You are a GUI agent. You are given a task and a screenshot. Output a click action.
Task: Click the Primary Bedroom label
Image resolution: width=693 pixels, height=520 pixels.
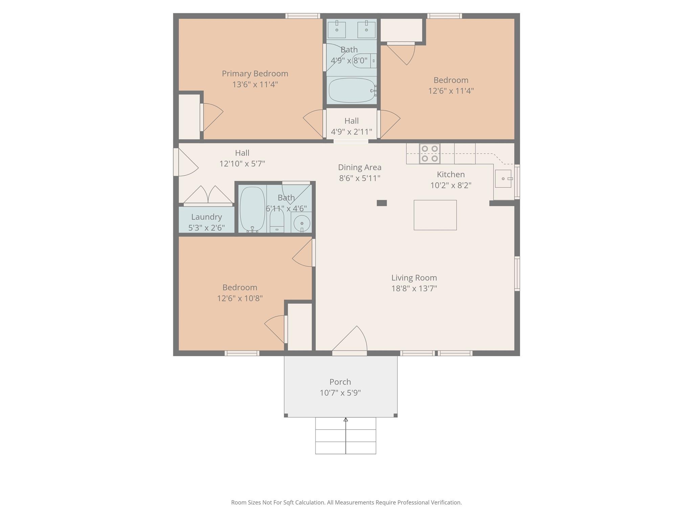pos(255,73)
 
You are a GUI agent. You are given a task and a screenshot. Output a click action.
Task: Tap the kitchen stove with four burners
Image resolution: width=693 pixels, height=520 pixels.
pos(429,153)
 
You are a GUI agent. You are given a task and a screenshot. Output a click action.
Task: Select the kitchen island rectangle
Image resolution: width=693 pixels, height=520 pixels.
pos(435,215)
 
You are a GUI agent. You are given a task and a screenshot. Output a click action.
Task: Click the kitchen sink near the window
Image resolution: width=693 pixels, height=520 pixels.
pos(503,178)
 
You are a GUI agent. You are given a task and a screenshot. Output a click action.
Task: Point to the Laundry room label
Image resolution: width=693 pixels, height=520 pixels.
pos(206,217)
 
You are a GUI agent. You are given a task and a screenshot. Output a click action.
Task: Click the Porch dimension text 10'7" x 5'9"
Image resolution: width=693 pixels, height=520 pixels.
pos(340,393)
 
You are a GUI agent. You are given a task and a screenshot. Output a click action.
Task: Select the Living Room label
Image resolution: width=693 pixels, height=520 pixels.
pos(414,278)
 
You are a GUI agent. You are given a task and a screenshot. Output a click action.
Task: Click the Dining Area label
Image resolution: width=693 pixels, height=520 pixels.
pos(360,167)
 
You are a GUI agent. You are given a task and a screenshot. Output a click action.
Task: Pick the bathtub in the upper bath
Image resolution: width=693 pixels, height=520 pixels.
pos(352,90)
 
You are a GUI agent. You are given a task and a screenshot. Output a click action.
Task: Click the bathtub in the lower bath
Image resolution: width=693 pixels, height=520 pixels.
pos(252,209)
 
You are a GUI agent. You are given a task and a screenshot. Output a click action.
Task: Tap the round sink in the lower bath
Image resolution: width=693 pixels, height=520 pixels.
pos(301,223)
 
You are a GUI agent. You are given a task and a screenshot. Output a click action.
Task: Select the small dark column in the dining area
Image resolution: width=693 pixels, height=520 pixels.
pos(382,203)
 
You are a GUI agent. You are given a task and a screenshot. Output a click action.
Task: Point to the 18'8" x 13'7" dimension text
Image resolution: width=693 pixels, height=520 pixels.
pos(414,288)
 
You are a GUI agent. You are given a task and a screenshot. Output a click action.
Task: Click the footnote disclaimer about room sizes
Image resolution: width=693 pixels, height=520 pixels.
pos(346,502)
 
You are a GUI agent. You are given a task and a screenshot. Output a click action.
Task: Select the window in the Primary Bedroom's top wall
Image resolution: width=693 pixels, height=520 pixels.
pos(303,16)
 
